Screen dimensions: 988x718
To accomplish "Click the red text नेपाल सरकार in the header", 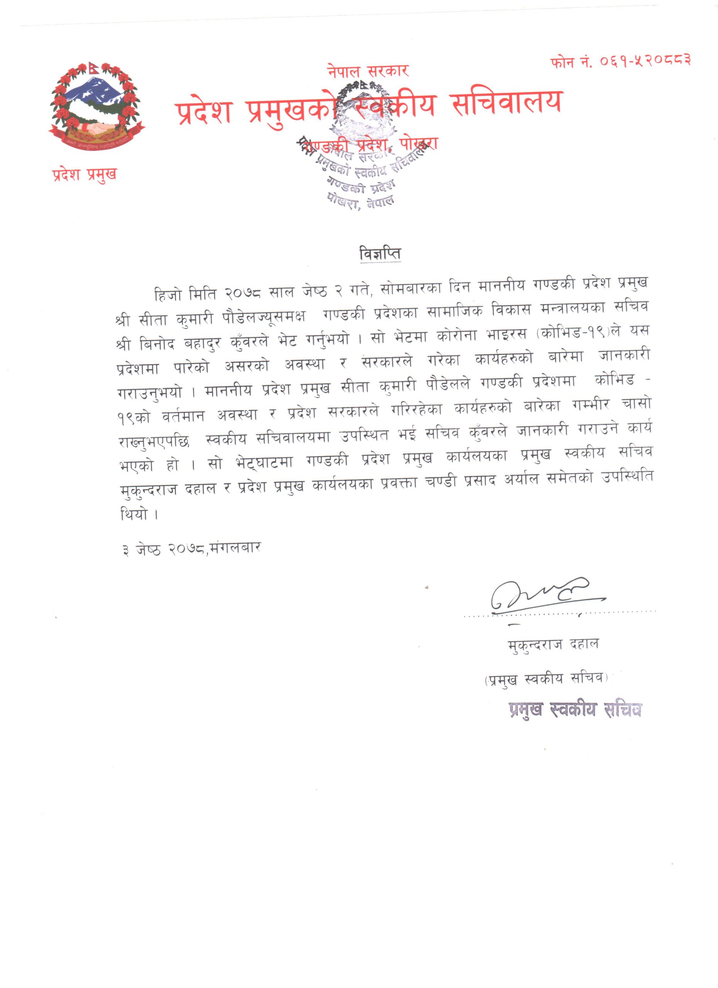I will click(368, 70).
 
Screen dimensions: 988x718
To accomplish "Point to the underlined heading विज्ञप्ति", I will click(380, 254).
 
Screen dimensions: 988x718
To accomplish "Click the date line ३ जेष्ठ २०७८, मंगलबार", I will click(192, 548).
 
